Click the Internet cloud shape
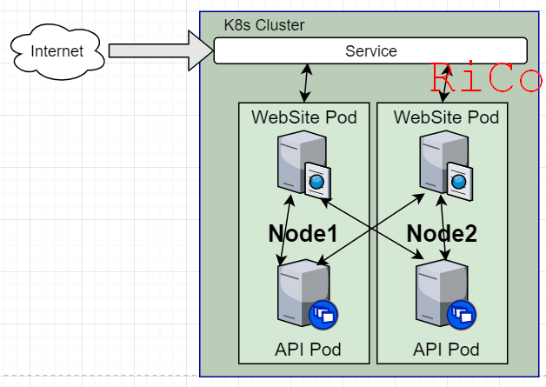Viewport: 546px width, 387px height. click(x=57, y=51)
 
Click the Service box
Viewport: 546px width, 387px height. click(x=370, y=51)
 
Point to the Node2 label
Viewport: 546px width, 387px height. click(x=442, y=233)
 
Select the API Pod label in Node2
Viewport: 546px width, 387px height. click(x=446, y=350)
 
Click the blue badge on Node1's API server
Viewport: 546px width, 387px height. click(x=323, y=314)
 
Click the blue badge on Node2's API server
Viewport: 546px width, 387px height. click(x=461, y=314)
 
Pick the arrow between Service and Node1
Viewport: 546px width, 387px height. click(x=306, y=83)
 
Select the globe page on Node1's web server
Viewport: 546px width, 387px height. click(x=316, y=180)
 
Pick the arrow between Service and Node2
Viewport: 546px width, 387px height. click(x=444, y=83)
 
